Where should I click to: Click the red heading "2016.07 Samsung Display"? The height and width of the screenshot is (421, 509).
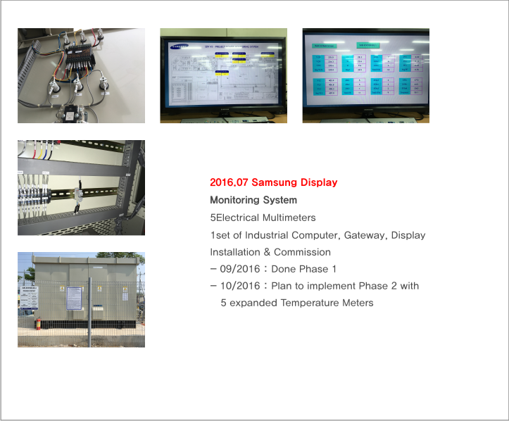point(273,183)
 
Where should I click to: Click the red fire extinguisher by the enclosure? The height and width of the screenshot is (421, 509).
point(37,324)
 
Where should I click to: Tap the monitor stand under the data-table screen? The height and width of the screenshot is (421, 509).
point(365,118)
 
